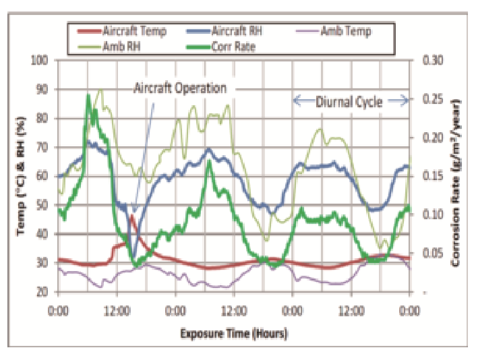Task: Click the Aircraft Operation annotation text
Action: point(179,88)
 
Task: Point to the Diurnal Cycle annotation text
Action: point(349,102)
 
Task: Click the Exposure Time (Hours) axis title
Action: point(233,334)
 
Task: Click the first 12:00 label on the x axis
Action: point(117,312)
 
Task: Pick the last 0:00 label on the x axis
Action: point(409,312)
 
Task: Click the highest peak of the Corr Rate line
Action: point(88,96)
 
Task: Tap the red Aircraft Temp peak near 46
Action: point(132,216)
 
